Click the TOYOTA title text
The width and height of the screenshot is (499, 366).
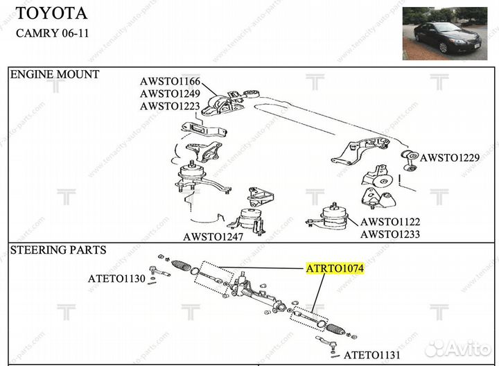51,13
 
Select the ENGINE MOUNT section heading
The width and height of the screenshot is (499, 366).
54,74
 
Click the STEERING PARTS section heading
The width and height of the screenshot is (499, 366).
58,250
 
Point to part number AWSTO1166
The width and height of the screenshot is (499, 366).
170,82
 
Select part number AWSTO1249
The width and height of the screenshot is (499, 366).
170,94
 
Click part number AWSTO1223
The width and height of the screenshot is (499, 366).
170,106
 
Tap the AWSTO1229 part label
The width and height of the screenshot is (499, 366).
450,158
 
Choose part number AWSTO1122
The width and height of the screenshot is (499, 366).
389,223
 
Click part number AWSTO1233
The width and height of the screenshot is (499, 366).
389,235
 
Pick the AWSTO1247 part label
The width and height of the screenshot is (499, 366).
213,236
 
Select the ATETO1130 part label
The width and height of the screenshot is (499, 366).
116,279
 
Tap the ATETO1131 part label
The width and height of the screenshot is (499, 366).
372,355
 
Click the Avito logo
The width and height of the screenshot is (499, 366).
458,348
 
